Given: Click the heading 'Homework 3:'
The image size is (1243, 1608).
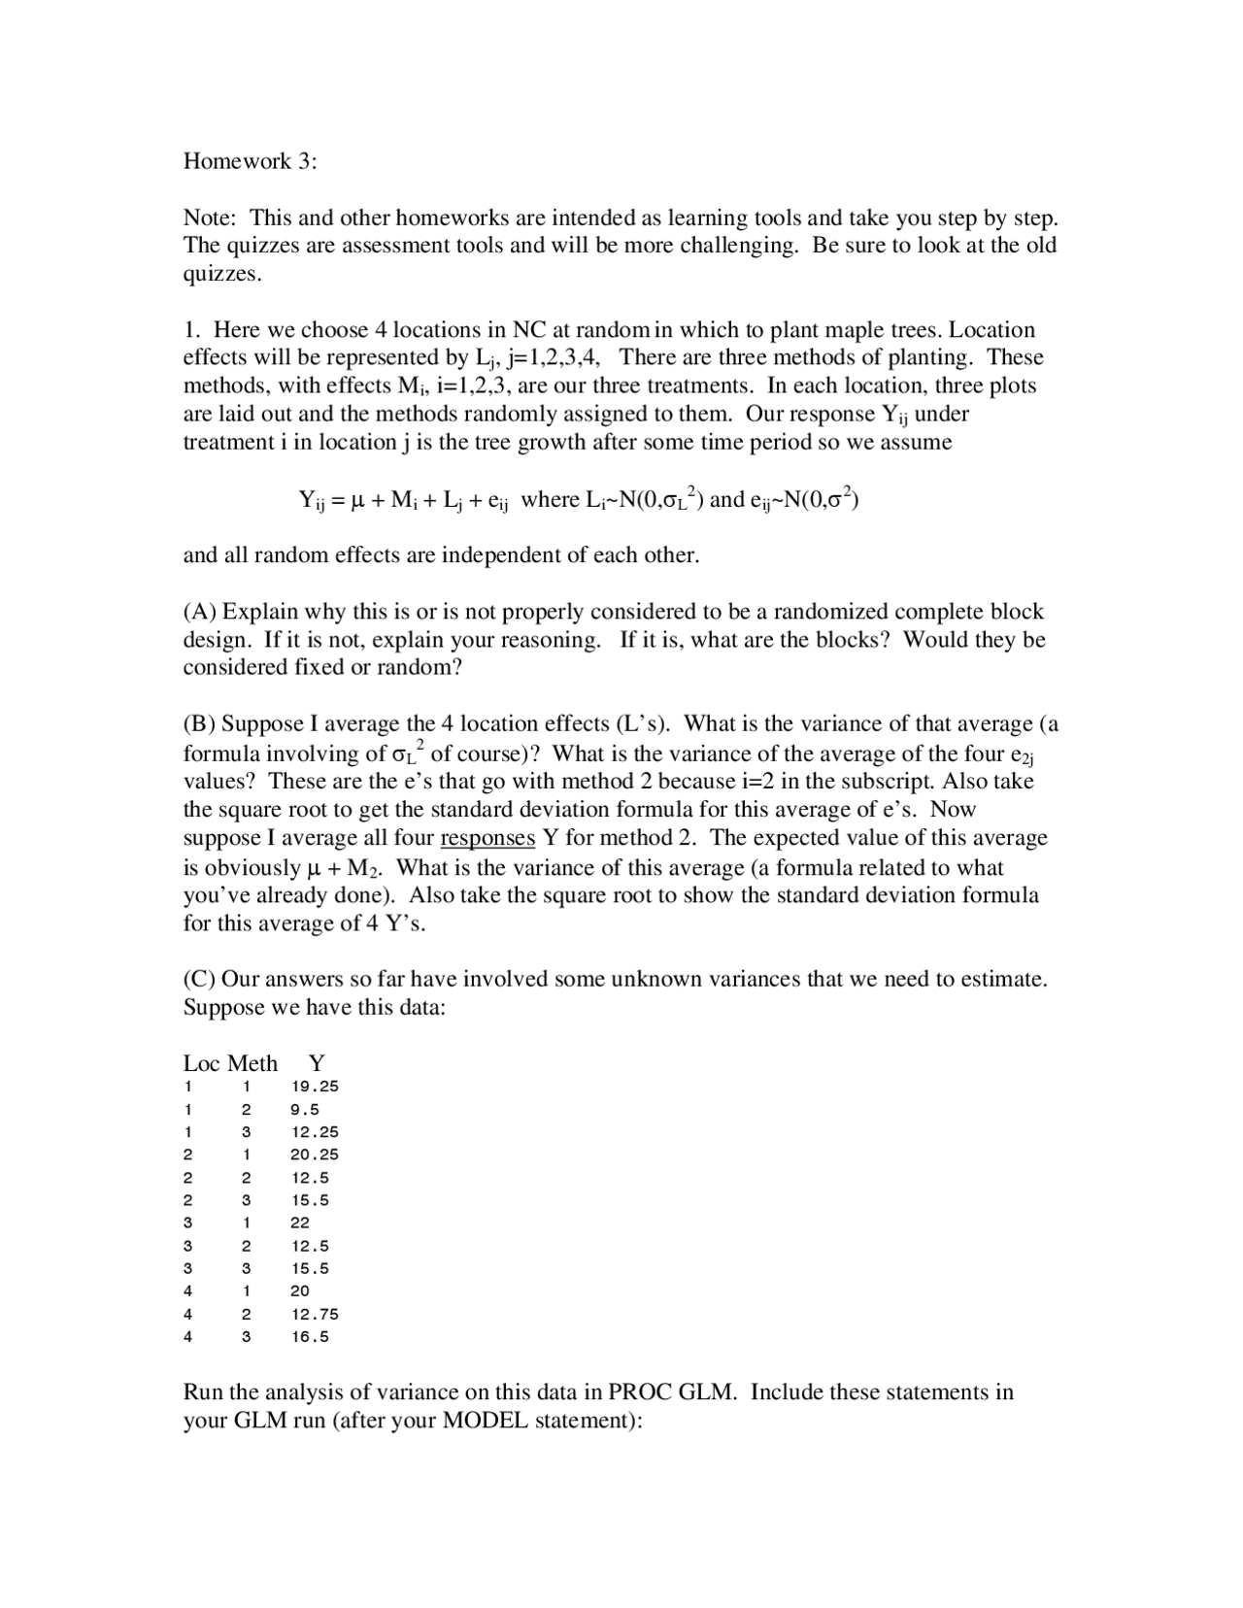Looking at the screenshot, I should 250,161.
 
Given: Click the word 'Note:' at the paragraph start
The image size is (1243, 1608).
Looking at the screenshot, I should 210,218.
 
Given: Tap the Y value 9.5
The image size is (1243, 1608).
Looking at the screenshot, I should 304,1109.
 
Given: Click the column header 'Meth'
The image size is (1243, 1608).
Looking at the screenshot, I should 252,1063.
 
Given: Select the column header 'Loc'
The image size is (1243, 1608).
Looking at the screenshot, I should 202,1063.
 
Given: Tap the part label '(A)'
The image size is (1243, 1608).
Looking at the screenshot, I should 201,612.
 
